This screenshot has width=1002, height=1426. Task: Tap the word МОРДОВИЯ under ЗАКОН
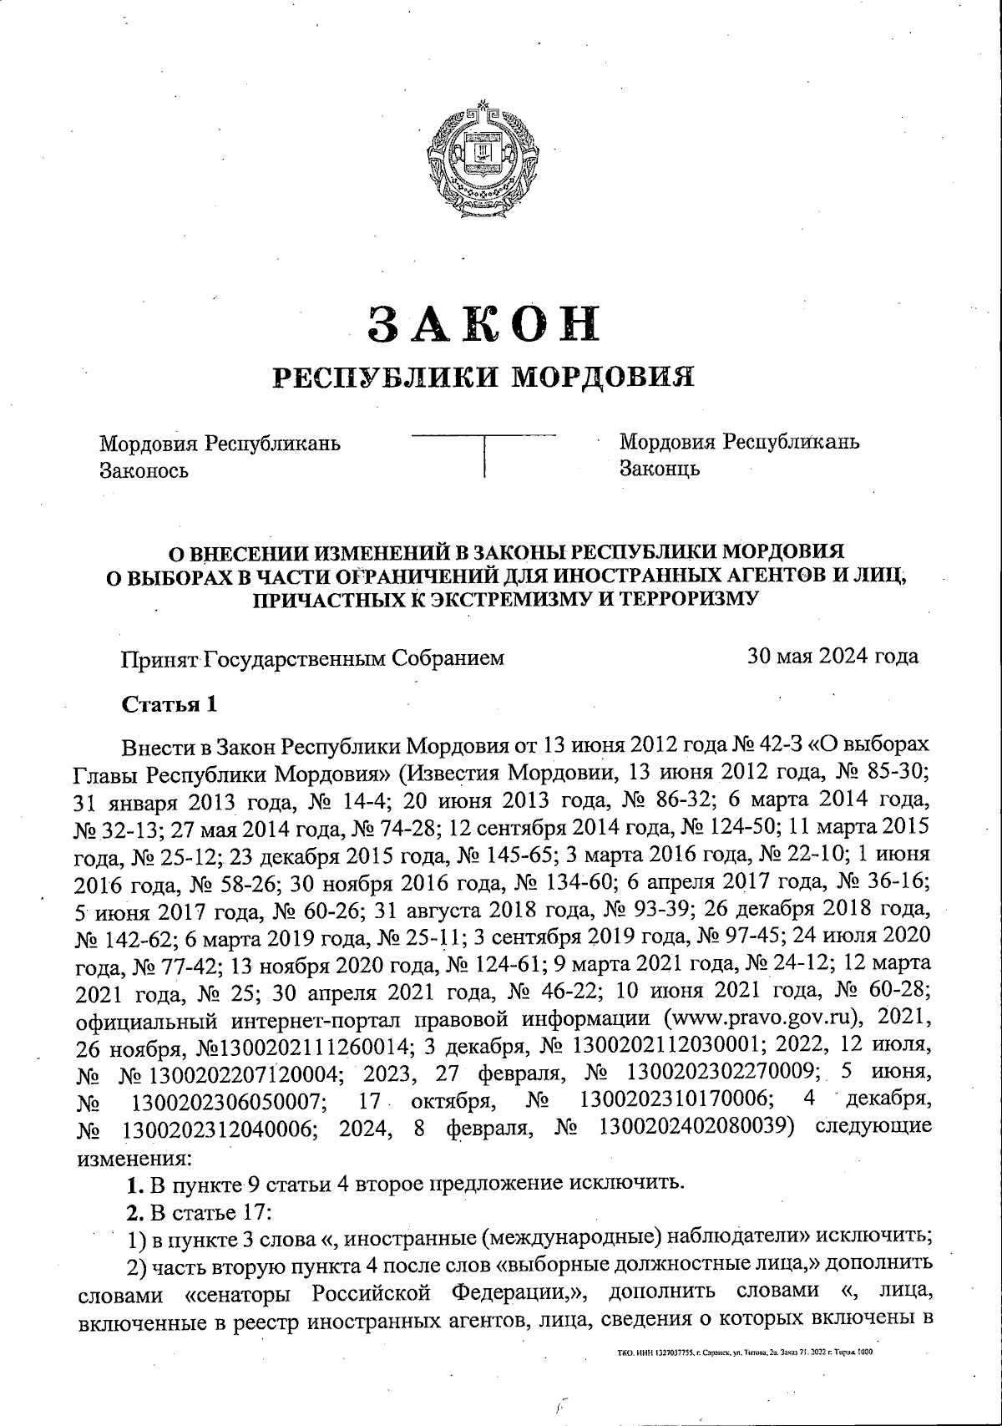click(603, 378)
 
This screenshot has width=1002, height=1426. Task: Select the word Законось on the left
click(144, 470)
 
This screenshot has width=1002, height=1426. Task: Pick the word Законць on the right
click(660, 468)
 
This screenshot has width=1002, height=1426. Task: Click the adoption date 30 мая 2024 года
click(832, 657)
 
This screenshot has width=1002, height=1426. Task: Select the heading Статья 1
click(170, 704)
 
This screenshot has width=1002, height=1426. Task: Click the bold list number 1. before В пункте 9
click(132, 1185)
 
